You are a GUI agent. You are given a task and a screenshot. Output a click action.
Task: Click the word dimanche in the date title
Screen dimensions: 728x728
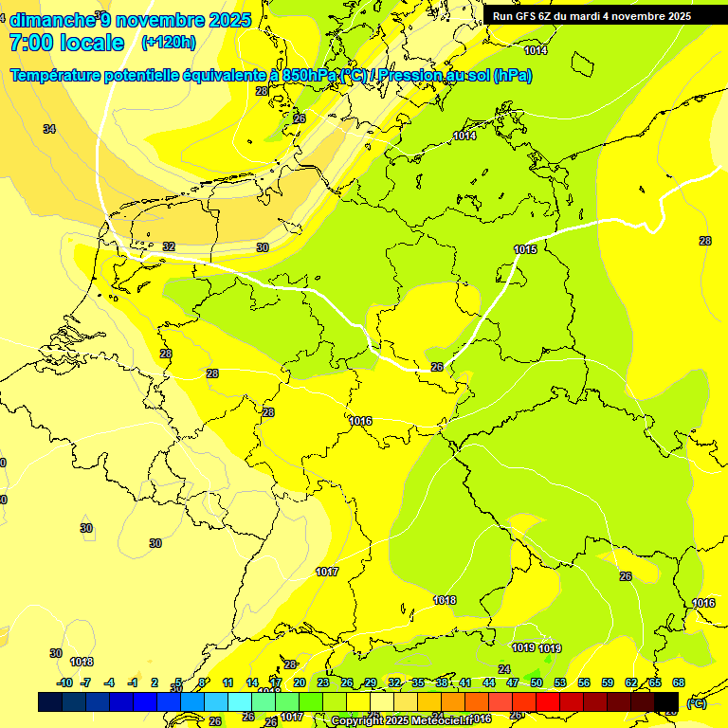pos(53,20)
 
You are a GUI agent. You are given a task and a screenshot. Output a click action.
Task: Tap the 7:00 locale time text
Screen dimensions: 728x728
pos(66,43)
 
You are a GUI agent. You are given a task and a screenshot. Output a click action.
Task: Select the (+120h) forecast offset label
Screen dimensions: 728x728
pos(169,43)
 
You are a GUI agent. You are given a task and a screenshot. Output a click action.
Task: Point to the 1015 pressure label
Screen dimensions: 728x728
pos(525,249)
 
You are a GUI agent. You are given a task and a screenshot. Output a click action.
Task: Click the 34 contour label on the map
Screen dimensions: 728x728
pos(49,129)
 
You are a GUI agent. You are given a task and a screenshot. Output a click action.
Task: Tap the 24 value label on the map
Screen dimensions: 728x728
pos(504,669)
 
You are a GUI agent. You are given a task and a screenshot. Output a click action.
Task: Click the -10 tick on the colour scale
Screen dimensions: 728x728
pos(64,682)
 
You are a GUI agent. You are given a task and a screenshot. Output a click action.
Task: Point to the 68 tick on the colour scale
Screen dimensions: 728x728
pos(679,682)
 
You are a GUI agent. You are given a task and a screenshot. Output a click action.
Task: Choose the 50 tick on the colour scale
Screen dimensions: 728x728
pos(537,682)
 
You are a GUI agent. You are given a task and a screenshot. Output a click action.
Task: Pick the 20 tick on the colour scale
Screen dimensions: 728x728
pos(299,682)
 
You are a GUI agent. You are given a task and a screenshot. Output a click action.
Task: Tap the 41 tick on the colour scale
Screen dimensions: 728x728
pos(465,682)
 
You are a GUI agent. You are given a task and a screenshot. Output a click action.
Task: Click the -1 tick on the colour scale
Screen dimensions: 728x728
pos(133,682)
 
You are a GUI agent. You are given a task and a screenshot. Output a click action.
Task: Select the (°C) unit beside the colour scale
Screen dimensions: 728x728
pos(697,703)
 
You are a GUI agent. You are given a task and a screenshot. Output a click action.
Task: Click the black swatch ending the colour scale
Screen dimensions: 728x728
pos(666,701)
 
